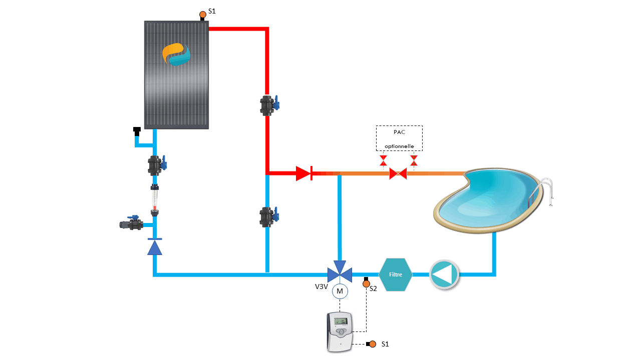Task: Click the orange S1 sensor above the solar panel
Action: pos(203,14)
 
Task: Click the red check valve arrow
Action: pos(303,173)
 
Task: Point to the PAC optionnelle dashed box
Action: pos(399,138)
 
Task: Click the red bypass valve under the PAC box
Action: pos(399,173)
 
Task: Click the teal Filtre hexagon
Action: pos(396,274)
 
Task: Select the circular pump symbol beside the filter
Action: pos(444,274)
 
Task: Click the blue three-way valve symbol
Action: pos(340,273)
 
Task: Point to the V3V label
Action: pos(322,287)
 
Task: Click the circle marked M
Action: pos(340,291)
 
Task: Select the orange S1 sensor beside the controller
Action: pos(373,344)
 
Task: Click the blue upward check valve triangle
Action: pos(155,247)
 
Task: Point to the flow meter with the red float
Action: pos(155,200)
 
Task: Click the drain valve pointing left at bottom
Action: pos(131,224)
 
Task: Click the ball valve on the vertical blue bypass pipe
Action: pos(268,217)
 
